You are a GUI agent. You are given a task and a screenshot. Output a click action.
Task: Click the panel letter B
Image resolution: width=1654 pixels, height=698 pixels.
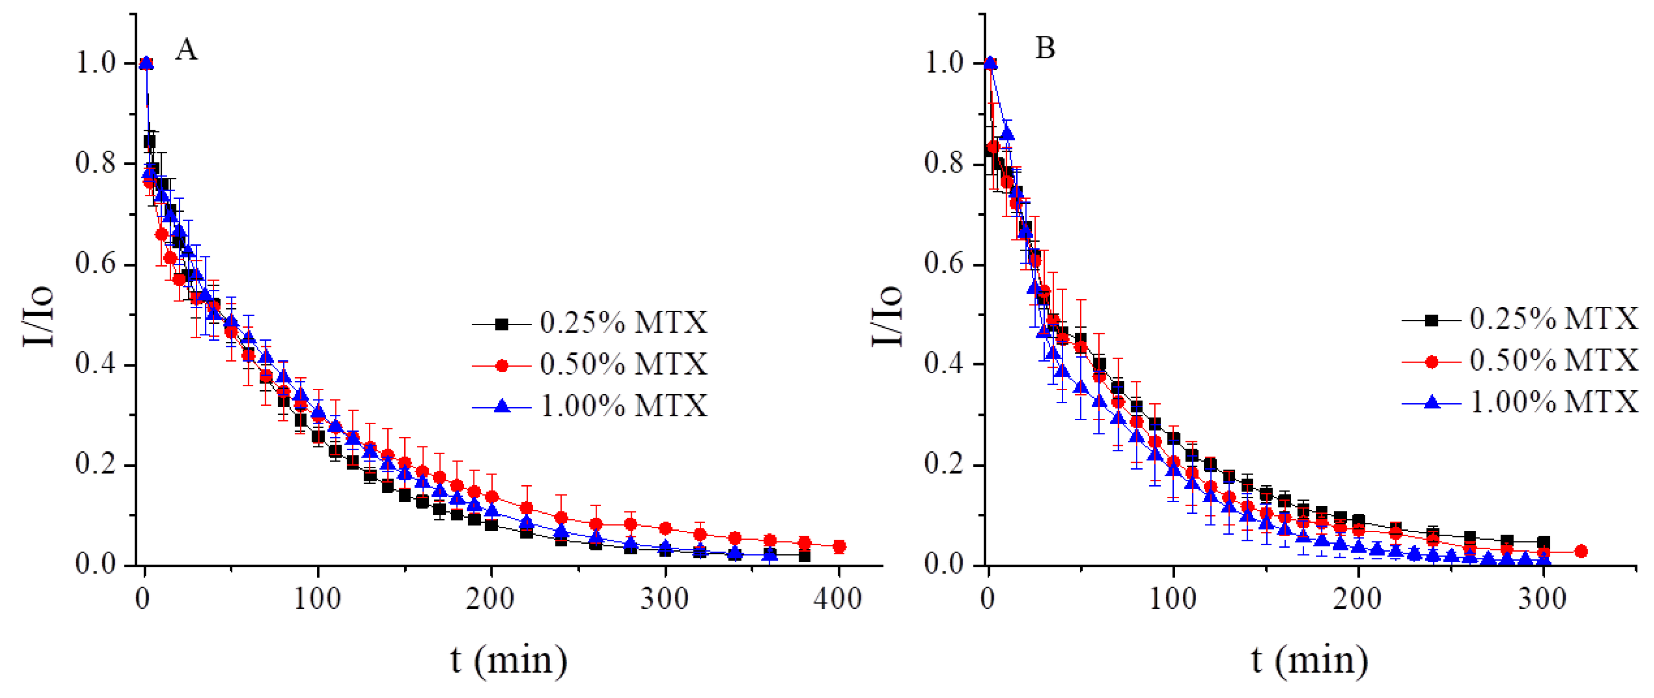click(1045, 48)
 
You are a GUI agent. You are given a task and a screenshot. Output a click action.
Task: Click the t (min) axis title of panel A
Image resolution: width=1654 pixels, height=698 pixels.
click(508, 660)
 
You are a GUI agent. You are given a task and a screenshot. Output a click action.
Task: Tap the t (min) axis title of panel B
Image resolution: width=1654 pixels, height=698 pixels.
click(1309, 660)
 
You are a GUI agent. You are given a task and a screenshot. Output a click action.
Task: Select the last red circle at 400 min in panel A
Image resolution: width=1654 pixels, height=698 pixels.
click(838, 546)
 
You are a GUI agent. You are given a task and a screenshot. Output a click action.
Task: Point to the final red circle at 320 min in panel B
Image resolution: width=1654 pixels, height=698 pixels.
click(1581, 551)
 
